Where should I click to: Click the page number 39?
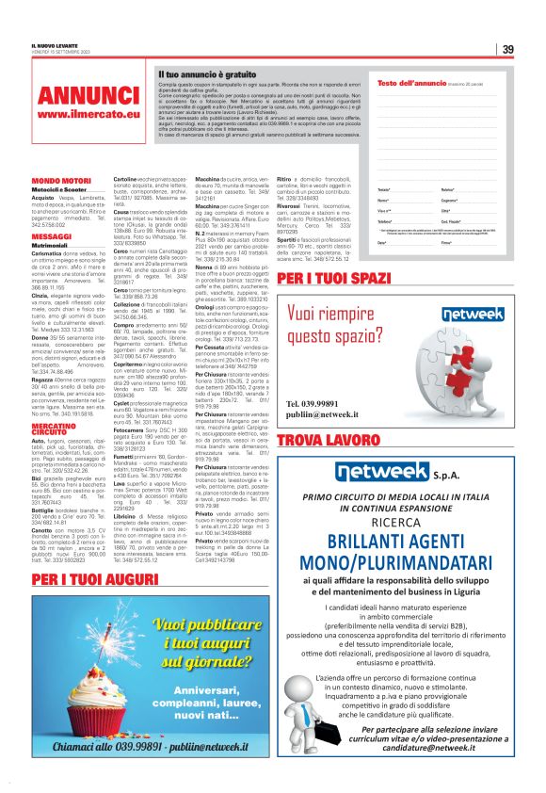(507, 49)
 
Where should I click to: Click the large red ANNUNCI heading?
(89, 96)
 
